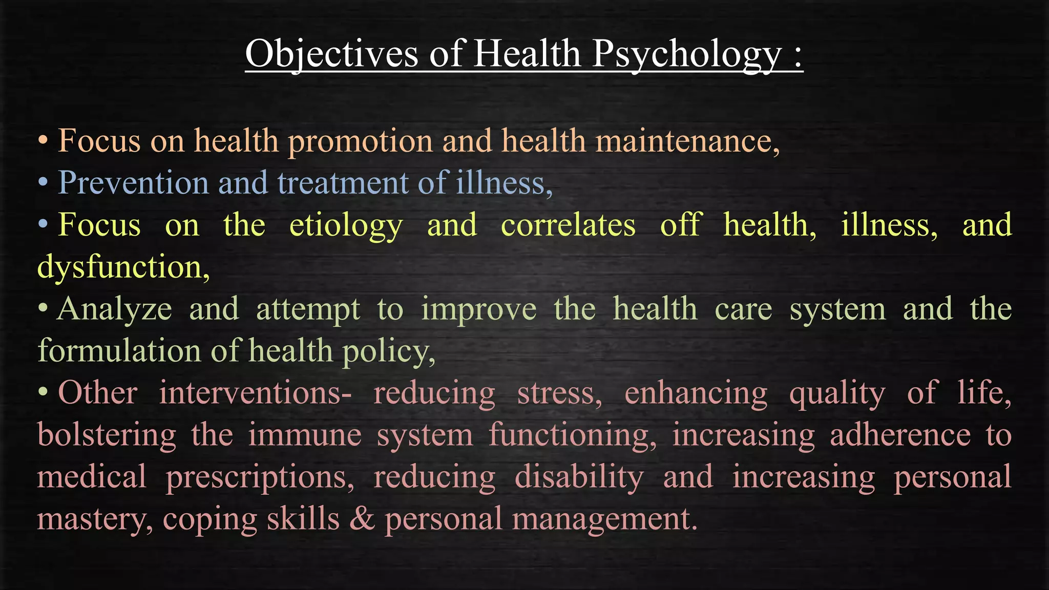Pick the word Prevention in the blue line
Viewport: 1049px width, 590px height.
[x=134, y=183]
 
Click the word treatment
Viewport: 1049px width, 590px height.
[x=343, y=183]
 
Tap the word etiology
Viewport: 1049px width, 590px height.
[x=346, y=226]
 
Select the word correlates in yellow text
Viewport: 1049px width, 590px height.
[x=568, y=225]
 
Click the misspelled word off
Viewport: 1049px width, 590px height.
[x=680, y=225]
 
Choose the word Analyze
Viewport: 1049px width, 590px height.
[x=114, y=310]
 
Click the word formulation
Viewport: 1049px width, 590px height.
[x=119, y=351]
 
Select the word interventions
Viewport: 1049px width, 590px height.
[x=255, y=393]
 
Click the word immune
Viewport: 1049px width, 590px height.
[x=305, y=435]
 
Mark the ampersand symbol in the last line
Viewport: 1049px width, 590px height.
[x=362, y=519]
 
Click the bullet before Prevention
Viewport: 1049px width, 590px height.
[x=44, y=182]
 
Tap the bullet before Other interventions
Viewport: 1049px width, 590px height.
[x=44, y=393]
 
